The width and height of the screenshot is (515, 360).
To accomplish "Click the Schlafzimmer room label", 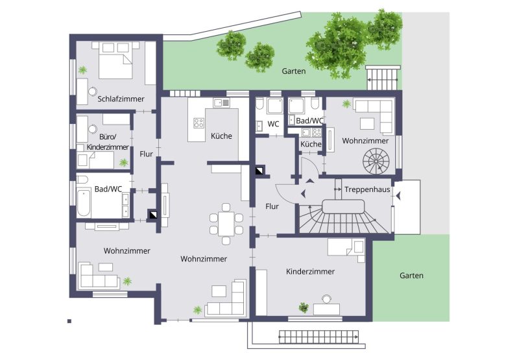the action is coord(121,99).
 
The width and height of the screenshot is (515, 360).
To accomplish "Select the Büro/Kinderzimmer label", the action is coord(108,142).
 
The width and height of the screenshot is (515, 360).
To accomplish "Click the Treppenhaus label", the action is coord(367,189).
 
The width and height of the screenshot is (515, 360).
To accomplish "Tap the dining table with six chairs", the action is coord(226,224).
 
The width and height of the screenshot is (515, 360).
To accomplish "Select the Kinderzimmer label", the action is coord(311,272).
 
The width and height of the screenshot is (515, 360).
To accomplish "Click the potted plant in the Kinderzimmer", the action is coord(304,307).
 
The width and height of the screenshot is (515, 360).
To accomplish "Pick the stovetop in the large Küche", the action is coord(198,123).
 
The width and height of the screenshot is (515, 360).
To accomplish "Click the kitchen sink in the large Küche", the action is coord(221,102).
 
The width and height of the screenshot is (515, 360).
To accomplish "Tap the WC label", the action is coord(273,124).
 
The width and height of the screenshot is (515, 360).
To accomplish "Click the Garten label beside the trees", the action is coord(294,71).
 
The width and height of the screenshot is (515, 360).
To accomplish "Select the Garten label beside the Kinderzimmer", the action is coord(411,276).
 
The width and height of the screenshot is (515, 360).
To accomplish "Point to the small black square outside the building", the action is coord(69,321).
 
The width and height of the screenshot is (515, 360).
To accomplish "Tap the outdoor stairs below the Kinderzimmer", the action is coord(318,337).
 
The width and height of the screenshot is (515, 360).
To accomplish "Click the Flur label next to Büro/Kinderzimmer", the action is coord(146,154).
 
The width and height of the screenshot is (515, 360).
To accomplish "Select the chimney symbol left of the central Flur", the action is coord(260,171).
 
